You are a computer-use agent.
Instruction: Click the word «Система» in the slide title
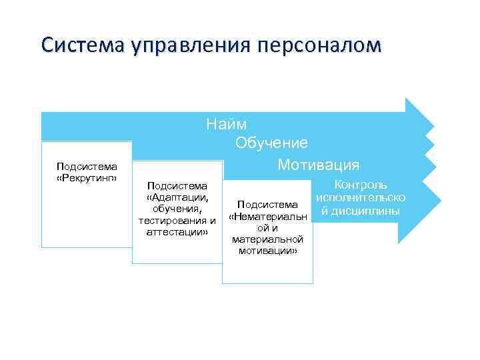click(74, 45)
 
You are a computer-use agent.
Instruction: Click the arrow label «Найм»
click(226, 124)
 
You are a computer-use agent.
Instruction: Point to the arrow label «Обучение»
click(271, 143)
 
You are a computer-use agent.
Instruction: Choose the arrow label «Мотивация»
click(318, 164)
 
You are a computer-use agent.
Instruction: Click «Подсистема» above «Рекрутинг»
click(87, 167)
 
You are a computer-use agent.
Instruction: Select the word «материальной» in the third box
click(267, 239)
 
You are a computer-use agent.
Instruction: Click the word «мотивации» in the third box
click(267, 250)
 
